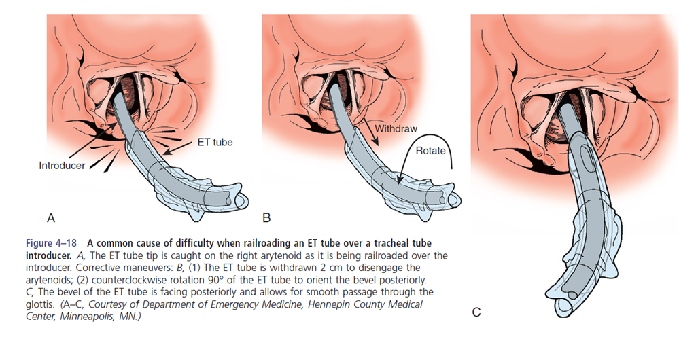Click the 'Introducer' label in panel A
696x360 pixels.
[x=62, y=165]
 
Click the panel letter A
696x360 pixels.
[x=50, y=218]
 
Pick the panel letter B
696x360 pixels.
[x=267, y=218]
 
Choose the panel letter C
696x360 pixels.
[x=477, y=312]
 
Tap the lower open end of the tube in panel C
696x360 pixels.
[x=567, y=304]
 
